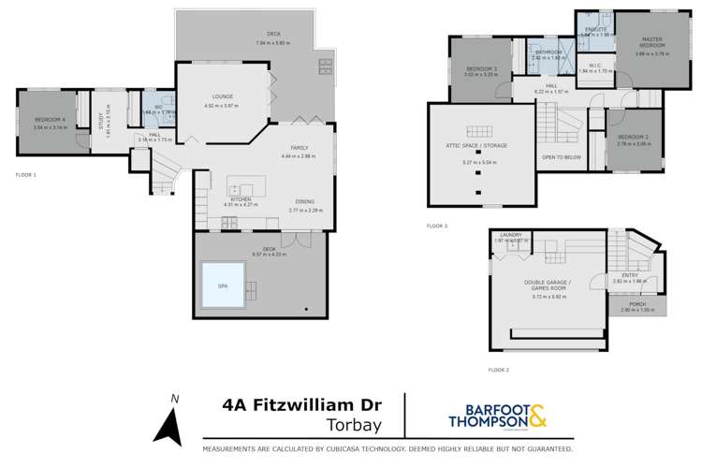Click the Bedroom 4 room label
click(x=49, y=120)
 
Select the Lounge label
click(x=223, y=96)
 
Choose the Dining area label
click(x=304, y=201)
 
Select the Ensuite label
click(x=596, y=29)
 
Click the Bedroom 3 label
click(x=482, y=69)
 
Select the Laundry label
click(x=510, y=235)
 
